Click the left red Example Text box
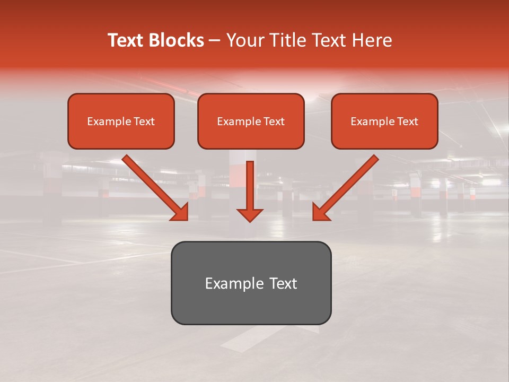point(121,121)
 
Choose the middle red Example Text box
point(251,121)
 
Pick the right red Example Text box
point(384,121)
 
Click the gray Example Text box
point(251,283)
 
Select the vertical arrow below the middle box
point(250,186)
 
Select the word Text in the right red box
point(407,121)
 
